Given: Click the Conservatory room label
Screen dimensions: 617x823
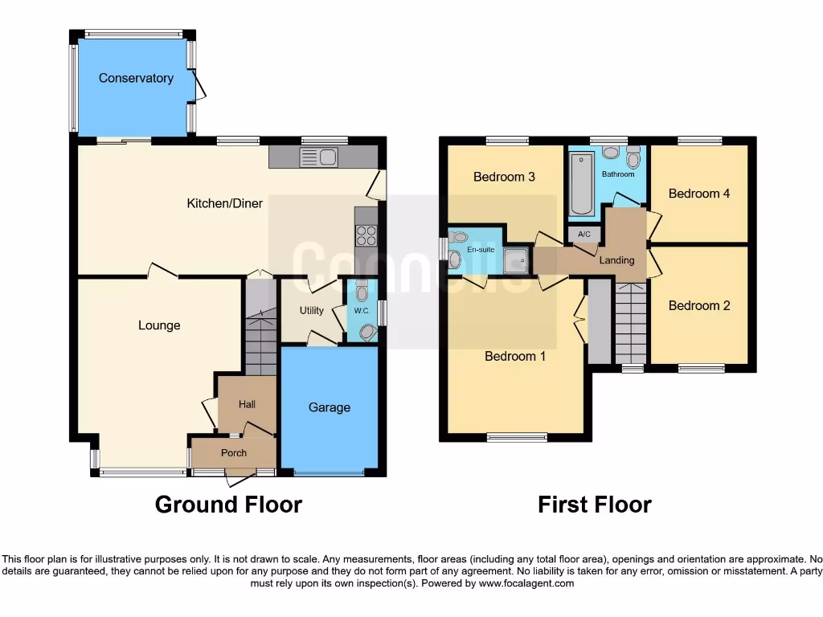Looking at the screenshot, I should (x=136, y=78).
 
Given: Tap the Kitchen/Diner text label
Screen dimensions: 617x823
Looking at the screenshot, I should (x=224, y=203).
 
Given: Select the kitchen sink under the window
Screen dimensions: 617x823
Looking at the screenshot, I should (x=318, y=157).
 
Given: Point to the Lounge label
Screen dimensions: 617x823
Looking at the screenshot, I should (x=159, y=325).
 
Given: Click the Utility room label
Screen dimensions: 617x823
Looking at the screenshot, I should (x=312, y=310).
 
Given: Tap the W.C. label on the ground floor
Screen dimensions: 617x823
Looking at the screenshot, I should (x=361, y=311).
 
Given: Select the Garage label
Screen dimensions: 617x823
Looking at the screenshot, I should (x=330, y=407).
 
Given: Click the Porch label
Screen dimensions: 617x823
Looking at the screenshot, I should (x=234, y=452).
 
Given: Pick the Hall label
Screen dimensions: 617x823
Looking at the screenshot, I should (x=247, y=404).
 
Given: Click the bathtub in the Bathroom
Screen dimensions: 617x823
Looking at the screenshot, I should (x=581, y=184).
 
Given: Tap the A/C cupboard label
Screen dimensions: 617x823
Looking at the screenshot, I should (x=584, y=235).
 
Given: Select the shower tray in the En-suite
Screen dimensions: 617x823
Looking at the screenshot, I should (x=516, y=259).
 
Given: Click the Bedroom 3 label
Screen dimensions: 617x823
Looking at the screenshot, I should (x=504, y=177).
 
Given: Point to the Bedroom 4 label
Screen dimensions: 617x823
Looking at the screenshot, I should (x=699, y=193).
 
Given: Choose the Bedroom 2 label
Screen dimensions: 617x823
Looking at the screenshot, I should (x=699, y=305).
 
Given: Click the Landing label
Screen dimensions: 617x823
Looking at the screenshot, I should (x=617, y=260).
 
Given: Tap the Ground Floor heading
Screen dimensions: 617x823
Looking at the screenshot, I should (x=228, y=505).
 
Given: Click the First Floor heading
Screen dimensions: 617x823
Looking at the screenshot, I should (x=594, y=505).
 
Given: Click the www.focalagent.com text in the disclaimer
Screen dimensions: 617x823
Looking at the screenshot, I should (x=526, y=583).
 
